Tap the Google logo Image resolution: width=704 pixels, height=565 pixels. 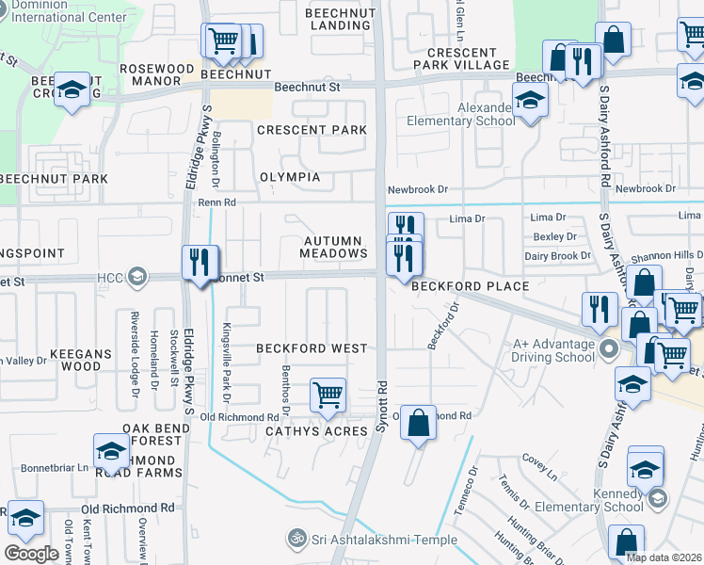[x=32, y=553]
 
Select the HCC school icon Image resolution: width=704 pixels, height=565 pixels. [x=137, y=276]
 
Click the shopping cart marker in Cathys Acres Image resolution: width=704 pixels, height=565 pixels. [x=328, y=395]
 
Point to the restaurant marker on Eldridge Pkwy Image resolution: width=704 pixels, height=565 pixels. [x=200, y=263]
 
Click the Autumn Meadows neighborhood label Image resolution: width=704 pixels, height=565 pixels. [x=334, y=247]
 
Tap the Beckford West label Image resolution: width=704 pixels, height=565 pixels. [x=312, y=348]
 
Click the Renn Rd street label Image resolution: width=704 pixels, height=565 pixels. [x=215, y=202]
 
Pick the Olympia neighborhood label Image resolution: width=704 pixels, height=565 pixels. [x=290, y=177]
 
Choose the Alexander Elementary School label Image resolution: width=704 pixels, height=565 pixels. [x=460, y=114]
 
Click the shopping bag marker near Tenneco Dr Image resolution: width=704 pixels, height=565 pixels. [x=419, y=423]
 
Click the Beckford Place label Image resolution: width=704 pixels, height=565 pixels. [x=468, y=286]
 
